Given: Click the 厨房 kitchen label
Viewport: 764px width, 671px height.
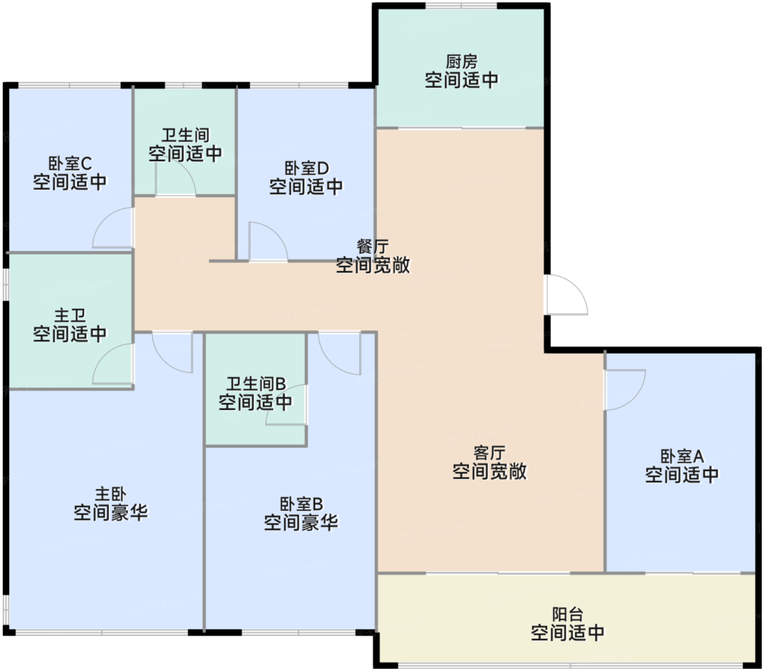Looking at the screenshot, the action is tap(461, 61).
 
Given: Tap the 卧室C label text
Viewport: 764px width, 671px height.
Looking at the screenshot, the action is tap(70, 163).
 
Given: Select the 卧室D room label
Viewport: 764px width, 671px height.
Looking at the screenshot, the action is tap(306, 168).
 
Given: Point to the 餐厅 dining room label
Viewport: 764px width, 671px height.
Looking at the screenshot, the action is tap(373, 247).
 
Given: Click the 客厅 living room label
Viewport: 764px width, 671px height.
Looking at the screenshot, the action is tap(489, 453).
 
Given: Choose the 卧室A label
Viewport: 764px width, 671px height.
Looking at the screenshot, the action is tap(682, 456).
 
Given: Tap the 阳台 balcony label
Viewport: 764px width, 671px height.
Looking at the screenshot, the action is tap(568, 614).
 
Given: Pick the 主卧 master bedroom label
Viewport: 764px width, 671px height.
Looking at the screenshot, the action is tap(110, 494).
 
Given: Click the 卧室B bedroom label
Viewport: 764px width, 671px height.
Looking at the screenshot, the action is tap(301, 504).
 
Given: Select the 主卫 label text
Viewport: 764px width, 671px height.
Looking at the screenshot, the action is tap(70, 315).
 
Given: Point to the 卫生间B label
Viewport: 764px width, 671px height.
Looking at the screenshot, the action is tap(256, 384).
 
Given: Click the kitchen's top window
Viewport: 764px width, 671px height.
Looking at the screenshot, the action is tap(461, 5).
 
